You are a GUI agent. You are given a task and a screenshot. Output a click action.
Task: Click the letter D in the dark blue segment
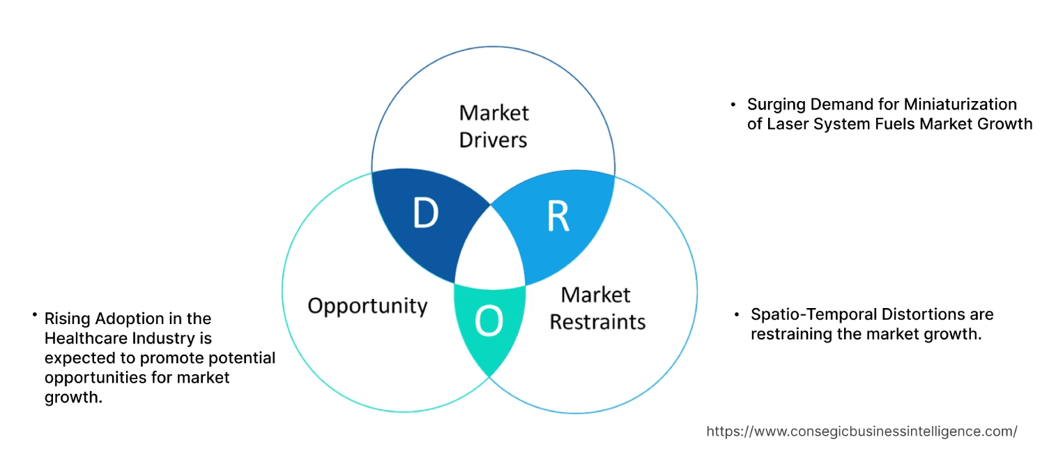click(x=425, y=214)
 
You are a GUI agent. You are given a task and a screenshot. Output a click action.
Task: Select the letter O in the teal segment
click(x=488, y=321)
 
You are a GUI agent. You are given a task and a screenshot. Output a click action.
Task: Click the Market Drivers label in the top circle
click(x=493, y=126)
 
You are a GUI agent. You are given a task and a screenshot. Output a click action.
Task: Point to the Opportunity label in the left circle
click(x=367, y=305)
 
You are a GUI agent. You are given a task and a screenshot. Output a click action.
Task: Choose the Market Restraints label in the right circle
click(x=597, y=308)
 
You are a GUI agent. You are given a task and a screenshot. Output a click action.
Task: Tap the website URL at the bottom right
click(x=862, y=431)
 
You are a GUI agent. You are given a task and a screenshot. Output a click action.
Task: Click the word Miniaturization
click(x=961, y=105)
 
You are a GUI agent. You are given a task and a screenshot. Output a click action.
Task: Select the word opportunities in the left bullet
click(x=95, y=378)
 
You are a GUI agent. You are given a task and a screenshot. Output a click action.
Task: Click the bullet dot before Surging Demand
click(x=733, y=105)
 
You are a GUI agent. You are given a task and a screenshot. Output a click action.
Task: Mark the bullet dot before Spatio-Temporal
click(x=737, y=315)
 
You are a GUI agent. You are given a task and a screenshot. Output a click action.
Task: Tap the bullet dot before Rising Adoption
click(x=34, y=316)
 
